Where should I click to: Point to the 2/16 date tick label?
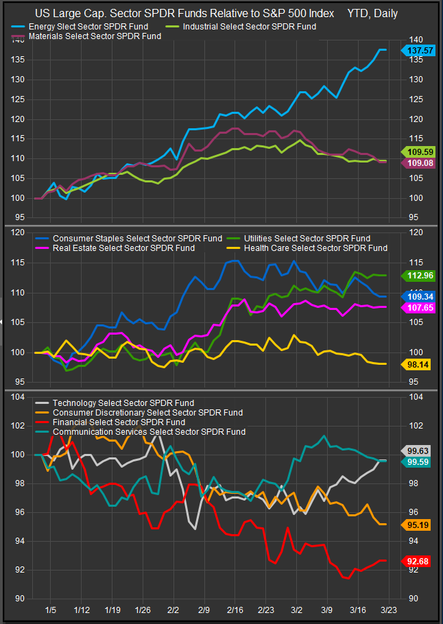235,610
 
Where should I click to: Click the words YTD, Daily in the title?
372,13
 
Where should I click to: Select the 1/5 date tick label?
50,610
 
